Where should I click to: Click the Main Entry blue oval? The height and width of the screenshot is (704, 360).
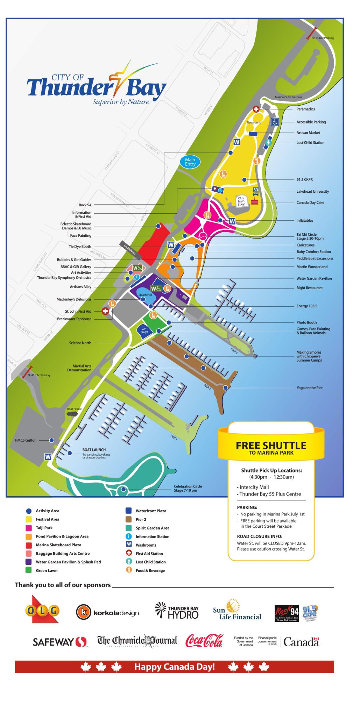(x=190, y=162)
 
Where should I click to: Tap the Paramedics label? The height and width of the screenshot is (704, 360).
(x=305, y=109)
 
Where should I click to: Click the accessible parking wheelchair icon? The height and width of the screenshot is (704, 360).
(x=275, y=122)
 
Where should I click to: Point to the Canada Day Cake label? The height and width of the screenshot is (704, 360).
(x=310, y=202)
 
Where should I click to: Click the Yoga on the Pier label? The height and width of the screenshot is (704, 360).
(x=309, y=388)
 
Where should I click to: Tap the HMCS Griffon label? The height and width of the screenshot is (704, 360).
(x=26, y=440)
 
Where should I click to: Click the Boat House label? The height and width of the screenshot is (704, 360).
(x=74, y=409)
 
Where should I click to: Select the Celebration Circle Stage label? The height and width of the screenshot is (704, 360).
(x=188, y=488)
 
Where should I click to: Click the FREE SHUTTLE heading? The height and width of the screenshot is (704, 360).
(x=271, y=446)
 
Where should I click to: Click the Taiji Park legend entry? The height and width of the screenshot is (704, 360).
(x=44, y=528)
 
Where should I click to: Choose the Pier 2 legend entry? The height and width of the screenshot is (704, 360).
(x=141, y=519)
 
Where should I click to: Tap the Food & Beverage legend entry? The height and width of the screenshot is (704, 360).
(x=150, y=570)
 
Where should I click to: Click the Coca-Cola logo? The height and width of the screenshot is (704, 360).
(x=204, y=641)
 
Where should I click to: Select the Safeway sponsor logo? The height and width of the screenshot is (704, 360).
(x=59, y=642)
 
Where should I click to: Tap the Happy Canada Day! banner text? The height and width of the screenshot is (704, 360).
(x=174, y=667)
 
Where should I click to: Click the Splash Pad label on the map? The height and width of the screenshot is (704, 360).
(x=145, y=295)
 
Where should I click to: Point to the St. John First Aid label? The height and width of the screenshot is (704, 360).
(x=78, y=311)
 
